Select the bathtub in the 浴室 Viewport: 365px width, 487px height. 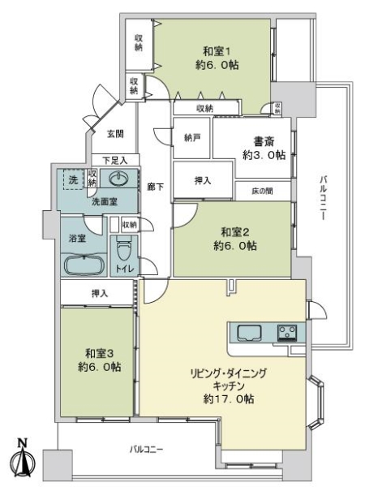tap(83, 265)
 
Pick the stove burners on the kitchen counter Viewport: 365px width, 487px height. tap(286, 332)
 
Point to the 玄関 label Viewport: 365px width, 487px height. tap(115, 133)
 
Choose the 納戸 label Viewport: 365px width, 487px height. tap(192, 137)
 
